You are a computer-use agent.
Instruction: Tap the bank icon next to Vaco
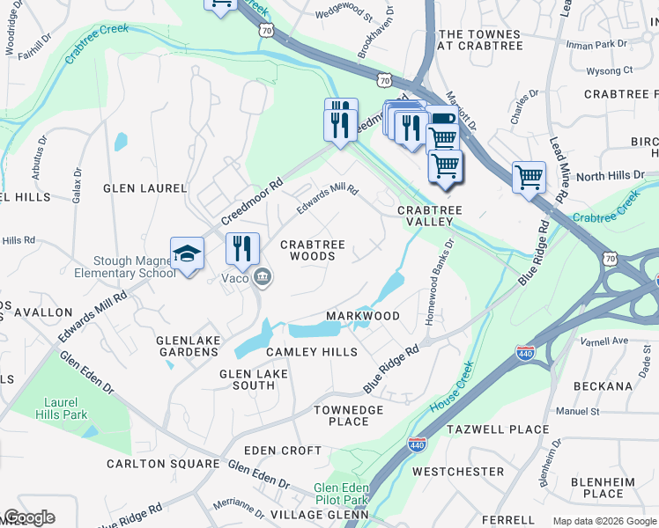262,279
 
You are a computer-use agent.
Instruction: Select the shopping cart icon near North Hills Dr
529,178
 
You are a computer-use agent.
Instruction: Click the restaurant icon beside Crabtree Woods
242,249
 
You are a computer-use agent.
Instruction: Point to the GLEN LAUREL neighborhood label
145,188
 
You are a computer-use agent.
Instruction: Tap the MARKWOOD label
363,316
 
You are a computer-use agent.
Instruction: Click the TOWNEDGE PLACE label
349,415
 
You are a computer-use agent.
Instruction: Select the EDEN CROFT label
283,451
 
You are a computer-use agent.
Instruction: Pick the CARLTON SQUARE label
163,464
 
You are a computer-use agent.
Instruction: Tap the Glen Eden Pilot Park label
340,494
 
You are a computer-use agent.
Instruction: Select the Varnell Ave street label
604,341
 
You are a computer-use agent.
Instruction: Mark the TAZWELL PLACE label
498,429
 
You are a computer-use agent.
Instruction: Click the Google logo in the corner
29,517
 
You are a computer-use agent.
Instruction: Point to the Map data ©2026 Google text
603,521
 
